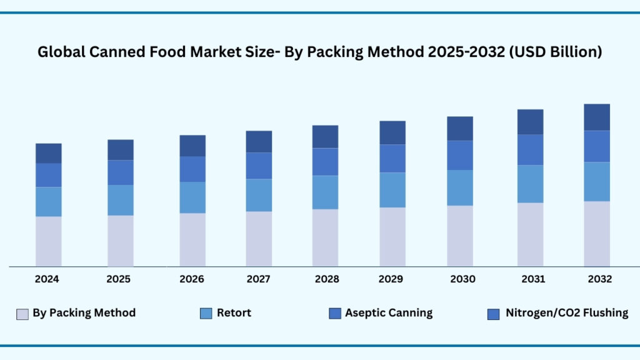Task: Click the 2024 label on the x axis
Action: [47, 279]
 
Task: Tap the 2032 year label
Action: [599, 279]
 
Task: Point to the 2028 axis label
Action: [326, 279]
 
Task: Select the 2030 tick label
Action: [462, 279]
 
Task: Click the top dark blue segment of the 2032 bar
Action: [597, 117]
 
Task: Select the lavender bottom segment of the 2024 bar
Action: [48, 241]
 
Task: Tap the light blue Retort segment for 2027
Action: [259, 195]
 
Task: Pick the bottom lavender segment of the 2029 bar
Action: [392, 237]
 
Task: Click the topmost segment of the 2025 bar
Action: [121, 150]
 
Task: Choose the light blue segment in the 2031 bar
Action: [530, 184]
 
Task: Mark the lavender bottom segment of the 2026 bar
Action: [192, 239]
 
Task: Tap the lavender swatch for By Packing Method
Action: [22, 314]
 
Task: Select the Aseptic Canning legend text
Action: [388, 313]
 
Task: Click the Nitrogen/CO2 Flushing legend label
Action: [566, 313]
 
